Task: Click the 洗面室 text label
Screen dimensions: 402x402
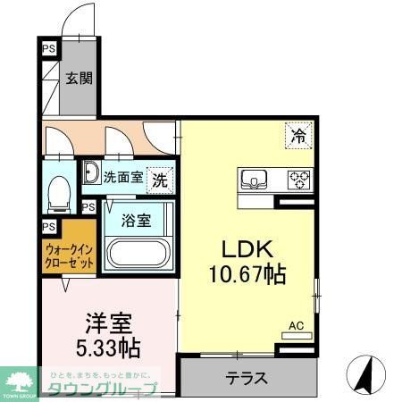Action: click(123, 177)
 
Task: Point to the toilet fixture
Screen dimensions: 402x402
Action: click(59, 191)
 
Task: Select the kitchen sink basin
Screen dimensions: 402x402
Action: click(255, 180)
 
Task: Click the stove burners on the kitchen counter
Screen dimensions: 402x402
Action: click(297, 180)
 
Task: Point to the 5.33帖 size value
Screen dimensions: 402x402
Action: click(106, 345)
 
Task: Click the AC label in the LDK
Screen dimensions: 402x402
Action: click(297, 327)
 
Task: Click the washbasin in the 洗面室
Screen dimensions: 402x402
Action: click(91, 173)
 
